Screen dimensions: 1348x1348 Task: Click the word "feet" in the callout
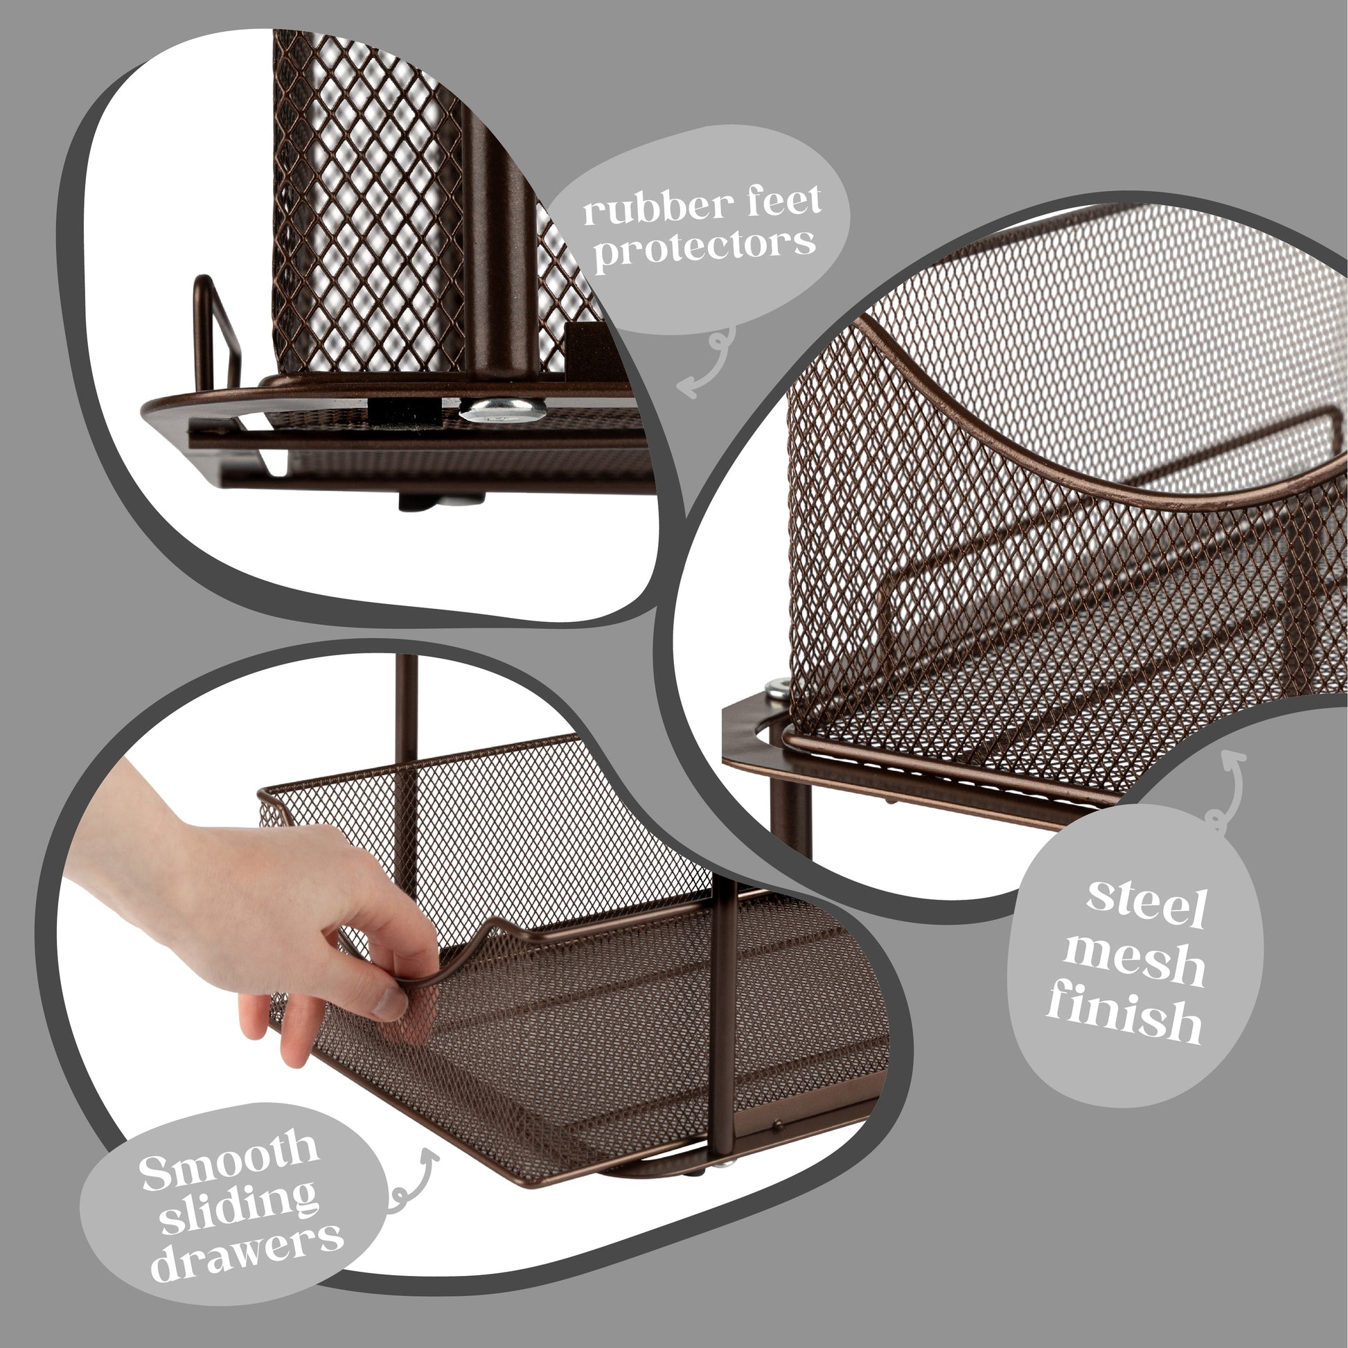[774, 202]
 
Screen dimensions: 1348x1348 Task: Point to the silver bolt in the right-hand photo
[778, 691]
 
